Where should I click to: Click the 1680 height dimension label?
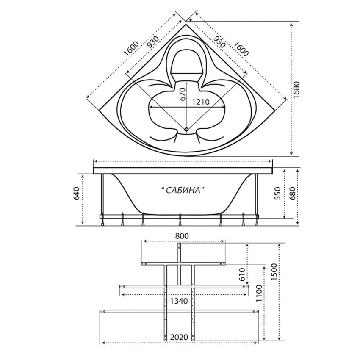(x=296, y=90)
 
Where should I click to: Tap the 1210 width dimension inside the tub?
(x=201, y=102)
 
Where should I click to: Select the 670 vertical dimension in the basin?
(x=183, y=94)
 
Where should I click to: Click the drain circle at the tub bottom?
(x=186, y=130)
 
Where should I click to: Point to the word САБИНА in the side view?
(x=183, y=190)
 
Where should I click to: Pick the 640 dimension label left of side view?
(x=77, y=194)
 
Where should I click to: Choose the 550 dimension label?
(x=278, y=193)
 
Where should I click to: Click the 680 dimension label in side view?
(x=293, y=193)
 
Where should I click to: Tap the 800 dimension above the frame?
(x=182, y=236)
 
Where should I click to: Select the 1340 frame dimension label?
(x=179, y=301)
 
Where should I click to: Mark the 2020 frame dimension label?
(x=179, y=337)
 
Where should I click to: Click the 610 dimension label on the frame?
(x=242, y=274)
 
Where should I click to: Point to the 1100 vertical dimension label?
(x=259, y=294)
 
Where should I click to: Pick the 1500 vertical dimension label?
(x=274, y=272)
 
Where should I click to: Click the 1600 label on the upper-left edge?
(x=131, y=49)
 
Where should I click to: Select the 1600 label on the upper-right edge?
(x=241, y=49)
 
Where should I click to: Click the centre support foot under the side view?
(x=180, y=219)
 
